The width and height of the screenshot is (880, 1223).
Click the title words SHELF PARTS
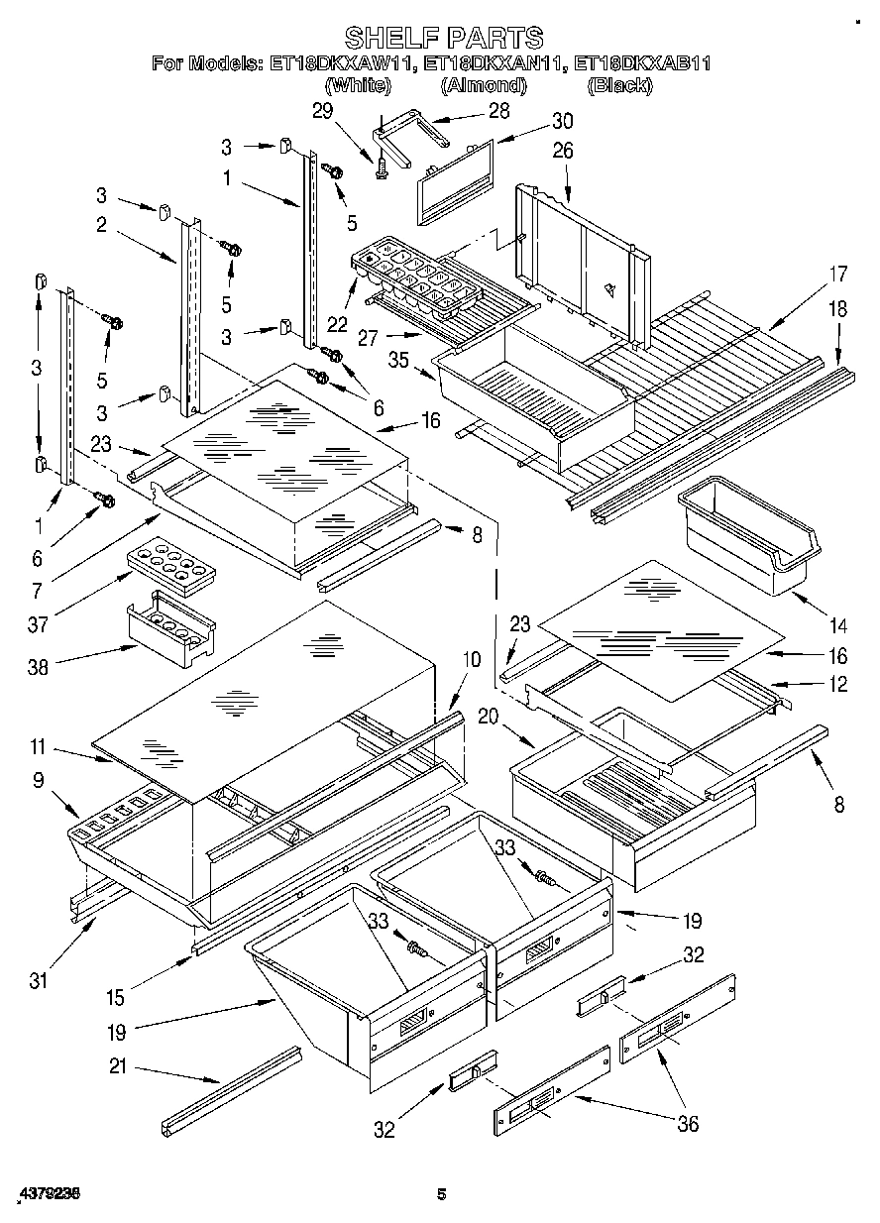[443, 38]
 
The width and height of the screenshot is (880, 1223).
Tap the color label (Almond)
[483, 86]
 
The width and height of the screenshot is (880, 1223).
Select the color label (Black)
[619, 86]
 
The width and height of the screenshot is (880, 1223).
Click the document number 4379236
[49, 1194]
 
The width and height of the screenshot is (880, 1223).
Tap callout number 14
[838, 625]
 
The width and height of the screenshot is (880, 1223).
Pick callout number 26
[563, 151]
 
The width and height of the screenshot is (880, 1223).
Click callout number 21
[117, 1068]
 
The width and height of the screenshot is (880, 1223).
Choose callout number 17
[838, 275]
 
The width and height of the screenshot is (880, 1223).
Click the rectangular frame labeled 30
[455, 180]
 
